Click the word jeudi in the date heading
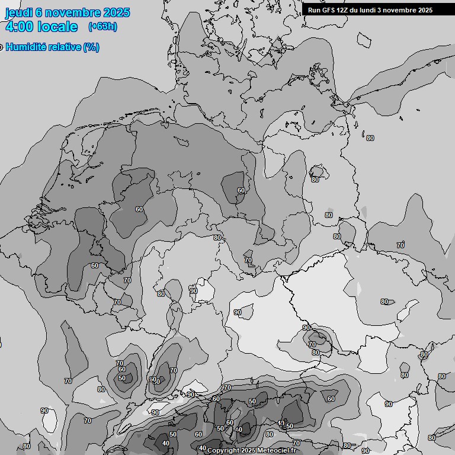(x=18, y=12)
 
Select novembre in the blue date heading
(x=71, y=12)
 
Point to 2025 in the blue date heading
(x=115, y=12)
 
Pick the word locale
(x=57, y=27)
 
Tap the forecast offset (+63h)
(x=102, y=26)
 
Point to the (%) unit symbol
(x=91, y=47)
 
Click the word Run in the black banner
(x=314, y=10)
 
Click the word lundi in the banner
(x=369, y=10)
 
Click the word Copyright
(x=223, y=451)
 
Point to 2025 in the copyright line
(x=249, y=451)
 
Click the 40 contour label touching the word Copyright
(x=202, y=448)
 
